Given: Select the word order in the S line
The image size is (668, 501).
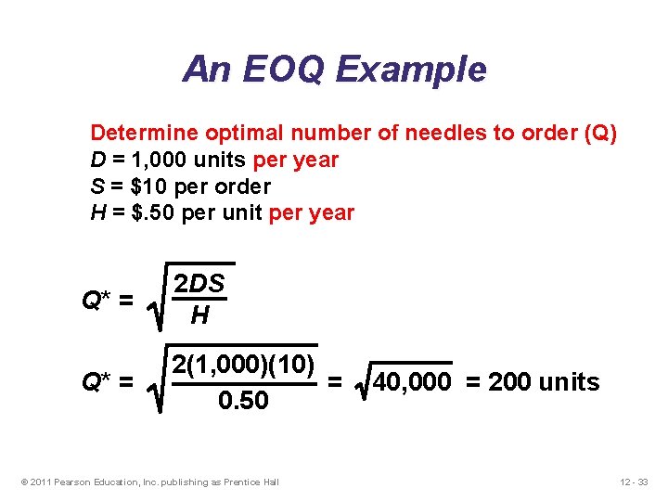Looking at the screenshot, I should (x=242, y=186).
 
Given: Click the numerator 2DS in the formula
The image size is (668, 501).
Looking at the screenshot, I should (x=200, y=285).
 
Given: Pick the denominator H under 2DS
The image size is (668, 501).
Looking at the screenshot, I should (x=199, y=316).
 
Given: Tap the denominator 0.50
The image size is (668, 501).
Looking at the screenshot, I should (x=241, y=401).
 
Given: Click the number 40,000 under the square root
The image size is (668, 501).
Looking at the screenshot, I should (x=412, y=382).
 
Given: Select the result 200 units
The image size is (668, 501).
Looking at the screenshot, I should (x=544, y=382).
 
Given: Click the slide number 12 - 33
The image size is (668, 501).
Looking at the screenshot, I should (x=635, y=481).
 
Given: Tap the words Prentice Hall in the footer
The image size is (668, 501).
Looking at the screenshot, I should (x=252, y=481).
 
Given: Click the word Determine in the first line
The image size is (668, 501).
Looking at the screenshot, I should (x=138, y=133).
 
